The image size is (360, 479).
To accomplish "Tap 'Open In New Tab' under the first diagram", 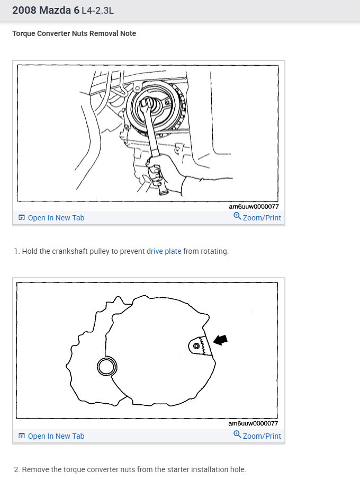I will pos(56,218).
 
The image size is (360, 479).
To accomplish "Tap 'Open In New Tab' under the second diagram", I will pos(56,436).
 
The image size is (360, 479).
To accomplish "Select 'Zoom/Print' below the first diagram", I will pos(262,218).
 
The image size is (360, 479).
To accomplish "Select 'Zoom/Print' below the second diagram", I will pos(262,436).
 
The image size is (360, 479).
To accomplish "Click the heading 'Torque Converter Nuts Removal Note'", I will pos(74,33).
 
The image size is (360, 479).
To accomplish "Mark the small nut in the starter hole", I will pos(197,345).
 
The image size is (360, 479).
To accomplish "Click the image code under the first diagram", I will pos(254,207).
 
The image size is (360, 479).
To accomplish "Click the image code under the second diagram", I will pos(254,424).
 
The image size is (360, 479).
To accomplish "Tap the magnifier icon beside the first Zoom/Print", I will pos(237,217).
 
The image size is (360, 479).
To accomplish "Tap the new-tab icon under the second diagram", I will pos(22,436).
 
